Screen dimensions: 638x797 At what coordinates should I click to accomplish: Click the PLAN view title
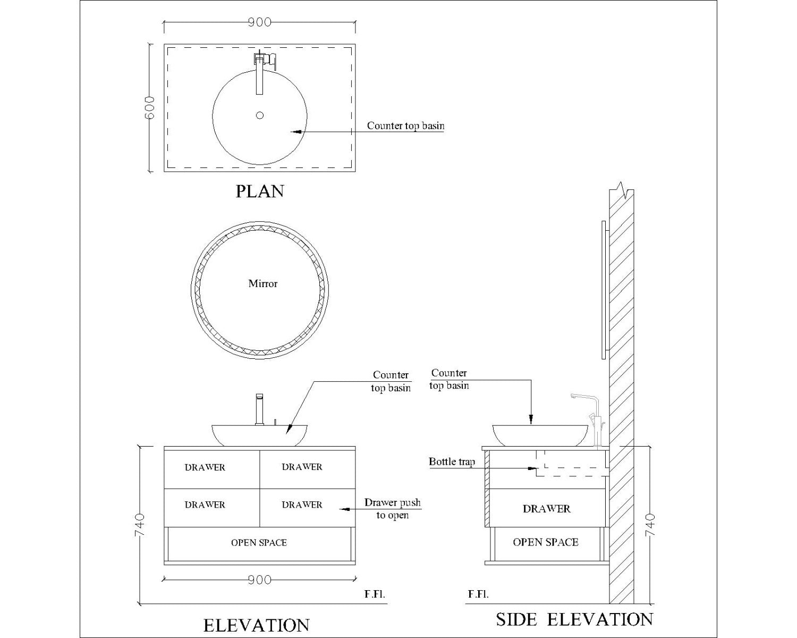[x=259, y=191]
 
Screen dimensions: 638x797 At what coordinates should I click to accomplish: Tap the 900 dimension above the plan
[x=259, y=22]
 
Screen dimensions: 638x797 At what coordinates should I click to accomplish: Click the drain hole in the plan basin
[x=260, y=115]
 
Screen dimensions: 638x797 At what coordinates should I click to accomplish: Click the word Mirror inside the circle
[x=263, y=284]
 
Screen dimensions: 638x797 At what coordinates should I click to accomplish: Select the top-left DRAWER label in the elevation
[x=205, y=468]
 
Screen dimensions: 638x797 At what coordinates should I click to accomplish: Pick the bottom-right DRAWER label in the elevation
[x=302, y=505]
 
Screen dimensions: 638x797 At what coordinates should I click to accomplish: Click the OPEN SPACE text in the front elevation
[x=259, y=543]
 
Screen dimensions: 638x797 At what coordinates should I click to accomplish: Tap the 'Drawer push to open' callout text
[x=392, y=509]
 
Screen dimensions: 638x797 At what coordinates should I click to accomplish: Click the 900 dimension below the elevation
[x=259, y=580]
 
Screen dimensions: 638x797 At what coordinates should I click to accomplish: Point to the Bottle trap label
[x=452, y=462]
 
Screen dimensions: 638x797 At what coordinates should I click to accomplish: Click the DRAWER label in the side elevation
[x=546, y=509]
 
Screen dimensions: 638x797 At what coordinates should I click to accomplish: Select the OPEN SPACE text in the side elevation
[x=546, y=542]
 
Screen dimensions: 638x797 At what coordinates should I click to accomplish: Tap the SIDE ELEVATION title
[x=574, y=619]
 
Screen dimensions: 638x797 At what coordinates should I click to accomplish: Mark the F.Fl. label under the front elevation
[x=375, y=594]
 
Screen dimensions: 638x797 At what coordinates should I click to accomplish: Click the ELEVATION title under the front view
[x=256, y=625]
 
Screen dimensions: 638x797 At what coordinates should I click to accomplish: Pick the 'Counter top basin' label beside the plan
[x=405, y=126]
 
